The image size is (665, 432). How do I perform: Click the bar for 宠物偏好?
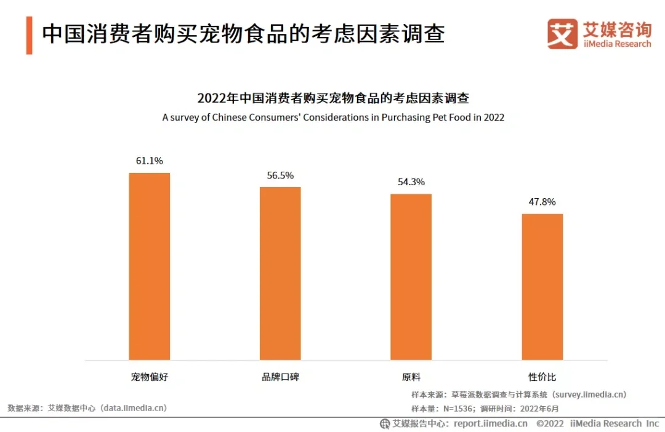[x=149, y=266]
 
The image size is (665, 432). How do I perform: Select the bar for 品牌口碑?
[x=280, y=273]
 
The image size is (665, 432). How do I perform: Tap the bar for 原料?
[x=411, y=276]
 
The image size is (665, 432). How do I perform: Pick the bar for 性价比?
[x=542, y=286]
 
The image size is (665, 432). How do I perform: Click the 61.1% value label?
[x=149, y=161]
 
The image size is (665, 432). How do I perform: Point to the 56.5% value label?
[x=280, y=175]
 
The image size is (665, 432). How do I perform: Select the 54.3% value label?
[x=411, y=182]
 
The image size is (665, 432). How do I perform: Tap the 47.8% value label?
[x=542, y=202]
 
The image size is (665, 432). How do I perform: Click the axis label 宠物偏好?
[x=149, y=377]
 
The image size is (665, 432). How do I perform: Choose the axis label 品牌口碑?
[x=280, y=377]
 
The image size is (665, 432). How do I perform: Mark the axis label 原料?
[x=411, y=377]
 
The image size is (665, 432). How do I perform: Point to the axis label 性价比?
[x=542, y=377]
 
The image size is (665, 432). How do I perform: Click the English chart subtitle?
[x=333, y=117]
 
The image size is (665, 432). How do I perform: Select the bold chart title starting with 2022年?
[x=333, y=98]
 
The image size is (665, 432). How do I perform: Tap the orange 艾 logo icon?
[x=562, y=34]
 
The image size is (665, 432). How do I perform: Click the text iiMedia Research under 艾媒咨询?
[x=617, y=44]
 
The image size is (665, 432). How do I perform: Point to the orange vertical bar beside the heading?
[x=29, y=35]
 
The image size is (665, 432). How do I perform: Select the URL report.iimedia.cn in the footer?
[x=491, y=423]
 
